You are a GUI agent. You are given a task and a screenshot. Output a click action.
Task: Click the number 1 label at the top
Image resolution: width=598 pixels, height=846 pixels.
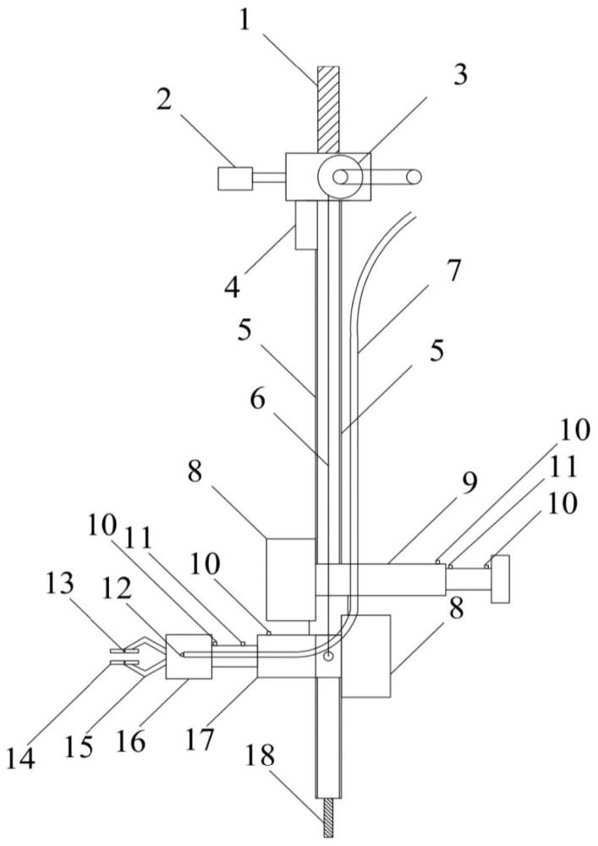coord(244,23)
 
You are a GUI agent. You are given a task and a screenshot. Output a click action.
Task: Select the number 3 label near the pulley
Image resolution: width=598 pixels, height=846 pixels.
coord(459,74)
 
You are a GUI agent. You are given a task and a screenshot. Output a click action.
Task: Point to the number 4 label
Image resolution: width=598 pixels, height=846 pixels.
coord(233,287)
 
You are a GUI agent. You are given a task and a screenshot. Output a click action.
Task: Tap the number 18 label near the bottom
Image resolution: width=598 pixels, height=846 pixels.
coord(260,755)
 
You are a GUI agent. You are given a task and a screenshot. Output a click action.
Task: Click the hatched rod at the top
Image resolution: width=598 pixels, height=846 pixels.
coord(328,109)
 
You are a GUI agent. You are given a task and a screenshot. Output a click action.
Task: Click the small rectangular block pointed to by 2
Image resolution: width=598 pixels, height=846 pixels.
coord(235,178)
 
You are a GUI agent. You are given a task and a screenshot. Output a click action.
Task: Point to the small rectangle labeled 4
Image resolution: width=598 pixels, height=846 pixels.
coord(305,225)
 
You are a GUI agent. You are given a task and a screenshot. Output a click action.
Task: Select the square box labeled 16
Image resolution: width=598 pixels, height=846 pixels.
coord(189,656)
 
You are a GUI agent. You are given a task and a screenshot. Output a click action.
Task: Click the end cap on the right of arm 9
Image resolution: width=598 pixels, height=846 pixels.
coord(500,579)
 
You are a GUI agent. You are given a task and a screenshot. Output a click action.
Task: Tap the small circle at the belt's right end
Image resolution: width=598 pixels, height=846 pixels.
coord(414,176)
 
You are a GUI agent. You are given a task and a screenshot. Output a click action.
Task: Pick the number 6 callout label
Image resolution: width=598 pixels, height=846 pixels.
coord(258,401)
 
